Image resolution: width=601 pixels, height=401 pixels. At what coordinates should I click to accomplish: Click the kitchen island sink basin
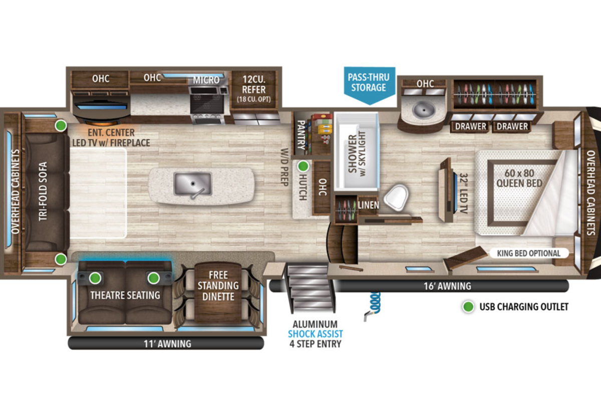point(193,184)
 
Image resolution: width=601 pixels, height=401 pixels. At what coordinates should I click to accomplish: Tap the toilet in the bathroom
point(396,197)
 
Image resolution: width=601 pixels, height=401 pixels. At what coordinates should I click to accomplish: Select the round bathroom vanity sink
point(423,110)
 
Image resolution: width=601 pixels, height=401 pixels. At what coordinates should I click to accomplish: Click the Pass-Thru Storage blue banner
point(370,85)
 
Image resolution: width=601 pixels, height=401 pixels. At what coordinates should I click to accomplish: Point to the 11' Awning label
point(167,343)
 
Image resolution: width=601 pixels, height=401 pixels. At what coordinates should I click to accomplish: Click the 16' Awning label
point(447,286)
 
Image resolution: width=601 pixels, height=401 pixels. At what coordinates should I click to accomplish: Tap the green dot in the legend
point(468,307)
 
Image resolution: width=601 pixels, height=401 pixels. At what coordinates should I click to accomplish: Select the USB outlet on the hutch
point(303,166)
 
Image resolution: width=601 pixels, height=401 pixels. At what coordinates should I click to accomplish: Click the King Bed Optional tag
point(528,253)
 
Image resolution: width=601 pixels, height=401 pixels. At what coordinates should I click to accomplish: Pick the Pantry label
point(301,135)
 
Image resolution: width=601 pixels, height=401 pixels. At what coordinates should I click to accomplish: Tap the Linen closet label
point(369,205)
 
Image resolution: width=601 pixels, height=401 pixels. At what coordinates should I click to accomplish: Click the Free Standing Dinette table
point(218,293)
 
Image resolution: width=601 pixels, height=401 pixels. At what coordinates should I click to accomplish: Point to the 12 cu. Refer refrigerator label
point(253,89)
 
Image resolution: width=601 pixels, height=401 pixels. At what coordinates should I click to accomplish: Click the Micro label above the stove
point(206,80)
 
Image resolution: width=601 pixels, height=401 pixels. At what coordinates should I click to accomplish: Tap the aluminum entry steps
point(309,288)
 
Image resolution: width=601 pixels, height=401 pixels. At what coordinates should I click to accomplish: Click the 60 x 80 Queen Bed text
point(519,178)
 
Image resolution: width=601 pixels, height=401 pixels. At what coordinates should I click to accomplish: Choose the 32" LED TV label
point(464,193)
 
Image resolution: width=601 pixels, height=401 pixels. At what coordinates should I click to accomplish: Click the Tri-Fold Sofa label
point(43,191)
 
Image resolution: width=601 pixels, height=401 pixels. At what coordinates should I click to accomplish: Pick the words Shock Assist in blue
point(315,334)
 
